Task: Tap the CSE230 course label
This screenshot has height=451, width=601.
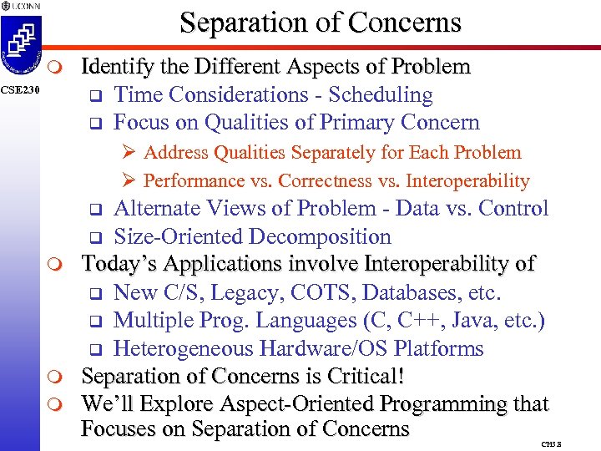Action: coord(18,89)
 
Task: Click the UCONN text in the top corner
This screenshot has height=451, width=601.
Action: coord(24,6)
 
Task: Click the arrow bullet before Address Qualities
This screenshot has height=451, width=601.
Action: coord(129,153)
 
